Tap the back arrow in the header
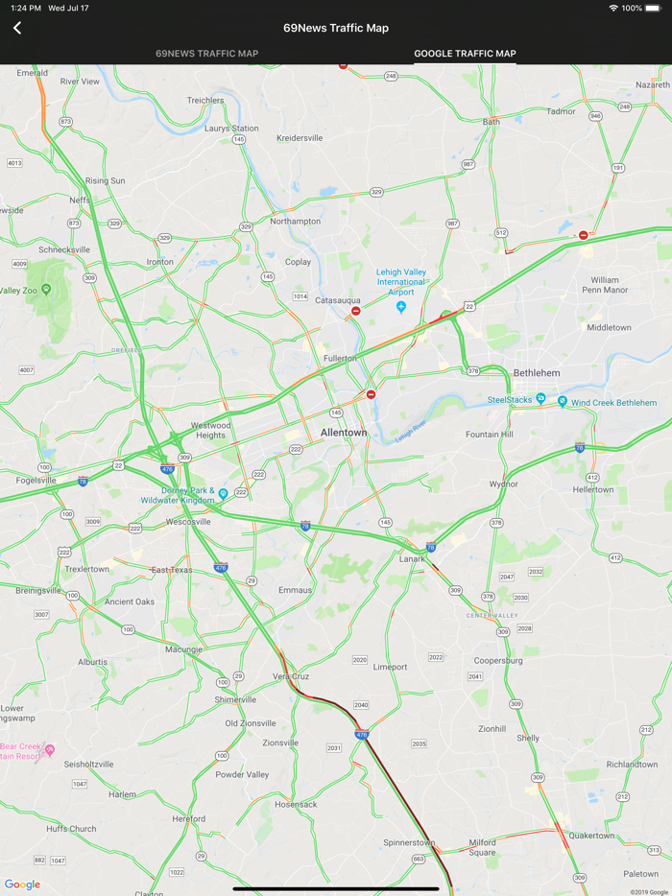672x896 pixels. tap(17, 28)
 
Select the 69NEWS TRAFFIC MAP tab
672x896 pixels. tap(206, 54)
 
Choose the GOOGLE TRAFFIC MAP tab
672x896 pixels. tap(465, 54)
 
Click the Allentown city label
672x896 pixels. tap(344, 433)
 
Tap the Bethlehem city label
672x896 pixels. tap(537, 372)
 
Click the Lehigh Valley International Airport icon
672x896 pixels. tap(401, 307)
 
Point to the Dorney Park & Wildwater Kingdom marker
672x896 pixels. tap(223, 494)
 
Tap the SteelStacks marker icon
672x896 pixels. tap(541, 398)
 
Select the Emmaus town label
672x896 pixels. tap(295, 590)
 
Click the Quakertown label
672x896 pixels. tap(590, 836)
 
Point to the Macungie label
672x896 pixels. tap(184, 649)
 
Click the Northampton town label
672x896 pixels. tap(296, 221)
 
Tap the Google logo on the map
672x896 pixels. tap(22, 884)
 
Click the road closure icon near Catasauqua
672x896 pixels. tap(356, 311)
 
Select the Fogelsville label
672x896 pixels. tap(36, 480)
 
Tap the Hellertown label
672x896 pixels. tap(592, 489)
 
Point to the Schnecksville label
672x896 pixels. tap(64, 249)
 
